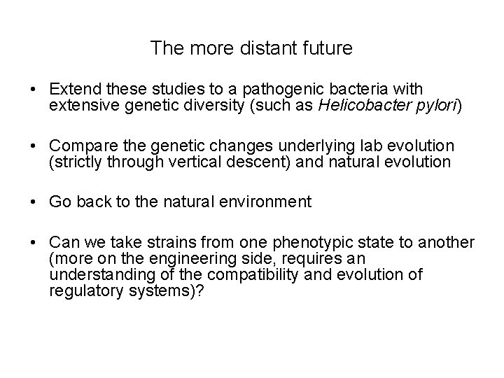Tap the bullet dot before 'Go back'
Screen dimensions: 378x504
[33, 202]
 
